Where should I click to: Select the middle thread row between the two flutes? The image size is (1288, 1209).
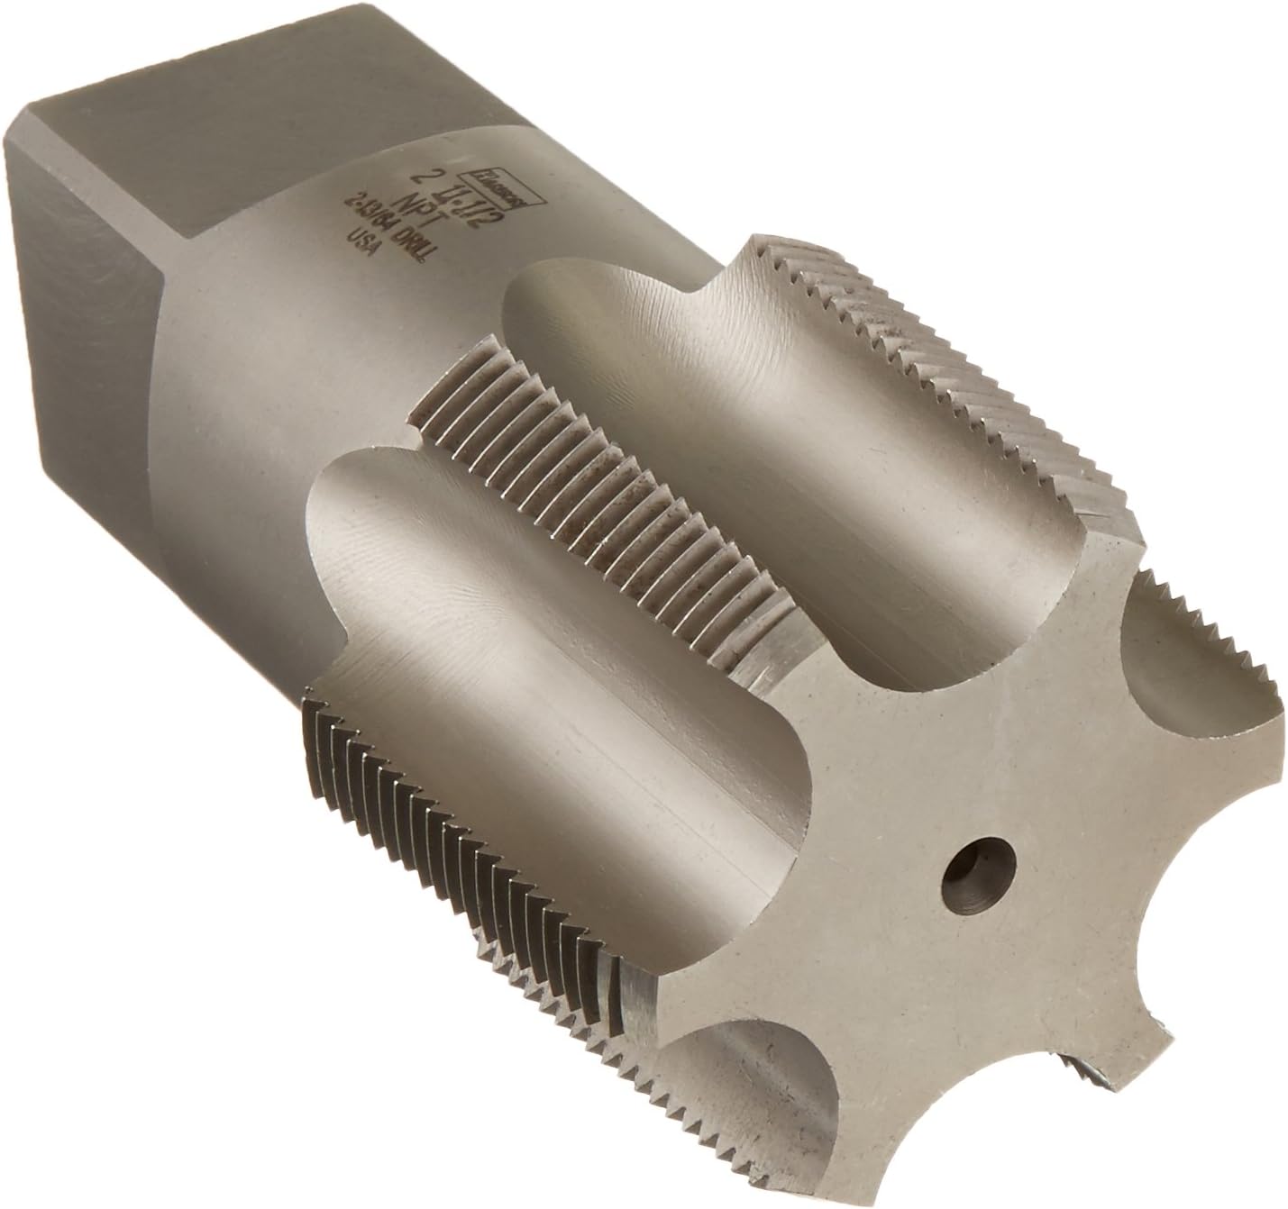click(577, 450)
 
